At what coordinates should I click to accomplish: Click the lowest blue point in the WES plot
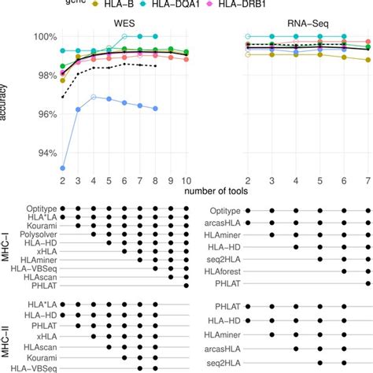pyautogui.click(x=63, y=168)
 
